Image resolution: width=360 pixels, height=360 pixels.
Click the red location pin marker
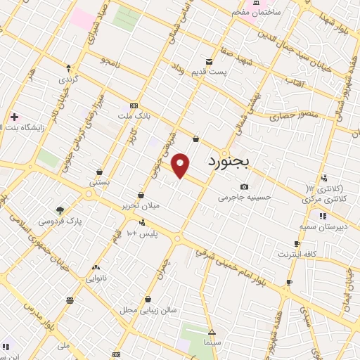[181, 165]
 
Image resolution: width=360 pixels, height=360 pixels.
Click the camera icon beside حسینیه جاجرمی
[244, 186]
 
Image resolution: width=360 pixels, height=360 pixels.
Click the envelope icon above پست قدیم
[209, 61]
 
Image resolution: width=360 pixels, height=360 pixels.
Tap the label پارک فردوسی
[60, 221]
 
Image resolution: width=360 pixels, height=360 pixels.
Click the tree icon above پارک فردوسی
[60, 210]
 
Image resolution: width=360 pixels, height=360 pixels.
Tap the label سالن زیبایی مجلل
[147, 309]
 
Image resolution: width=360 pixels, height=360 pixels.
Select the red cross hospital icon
[14, 116]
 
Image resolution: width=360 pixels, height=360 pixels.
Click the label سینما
[212, 342]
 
